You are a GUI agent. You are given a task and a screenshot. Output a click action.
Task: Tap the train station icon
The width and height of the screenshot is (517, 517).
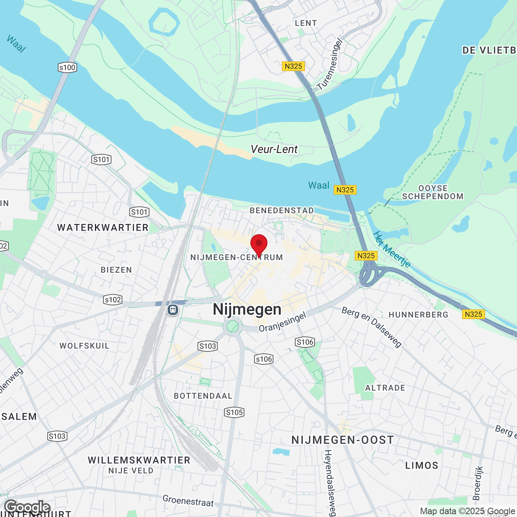pos(173,310)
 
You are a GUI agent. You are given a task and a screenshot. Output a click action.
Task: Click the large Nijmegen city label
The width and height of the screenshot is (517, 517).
pos(247,309)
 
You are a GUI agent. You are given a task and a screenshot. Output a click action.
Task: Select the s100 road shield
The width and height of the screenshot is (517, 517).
pos(67,67)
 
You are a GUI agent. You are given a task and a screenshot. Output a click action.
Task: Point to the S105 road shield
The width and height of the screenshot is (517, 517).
pos(234,412)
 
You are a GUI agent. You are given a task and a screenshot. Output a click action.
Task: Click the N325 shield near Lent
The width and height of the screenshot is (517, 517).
pos(293,66)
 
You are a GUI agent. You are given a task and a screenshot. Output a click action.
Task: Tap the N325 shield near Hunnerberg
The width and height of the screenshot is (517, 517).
pos(473,314)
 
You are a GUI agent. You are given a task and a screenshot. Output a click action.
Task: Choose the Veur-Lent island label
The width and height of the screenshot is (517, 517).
pos(274,149)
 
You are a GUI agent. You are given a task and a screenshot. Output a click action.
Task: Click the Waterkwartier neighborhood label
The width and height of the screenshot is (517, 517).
pos(103,228)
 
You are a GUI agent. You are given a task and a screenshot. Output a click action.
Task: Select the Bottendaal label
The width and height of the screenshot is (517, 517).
pos(203,396)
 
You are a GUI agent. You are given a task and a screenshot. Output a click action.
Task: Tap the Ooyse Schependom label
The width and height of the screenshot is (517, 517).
pos(433,193)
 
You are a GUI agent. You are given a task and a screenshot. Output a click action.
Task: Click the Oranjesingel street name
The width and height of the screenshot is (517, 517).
pos(282,322)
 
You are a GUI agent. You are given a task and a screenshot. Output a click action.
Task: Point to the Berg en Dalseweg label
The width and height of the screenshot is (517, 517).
pos(372,327)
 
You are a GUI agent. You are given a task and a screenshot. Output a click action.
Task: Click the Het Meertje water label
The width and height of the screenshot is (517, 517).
pos(391,250)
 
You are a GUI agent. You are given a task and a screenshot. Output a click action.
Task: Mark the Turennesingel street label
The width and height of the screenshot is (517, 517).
pos(330,65)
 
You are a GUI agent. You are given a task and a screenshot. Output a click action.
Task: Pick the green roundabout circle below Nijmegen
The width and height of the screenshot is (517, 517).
pos(233,326)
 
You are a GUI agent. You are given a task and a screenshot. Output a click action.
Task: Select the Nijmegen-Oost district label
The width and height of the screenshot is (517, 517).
pos(343,440)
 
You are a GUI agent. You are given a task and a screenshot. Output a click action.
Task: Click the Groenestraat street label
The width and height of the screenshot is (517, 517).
pos(188,501)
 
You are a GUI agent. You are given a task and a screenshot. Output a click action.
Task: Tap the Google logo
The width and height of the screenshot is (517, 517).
pos(27,506)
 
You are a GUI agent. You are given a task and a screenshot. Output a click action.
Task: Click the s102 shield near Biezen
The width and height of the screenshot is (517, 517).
pos(113,300)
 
